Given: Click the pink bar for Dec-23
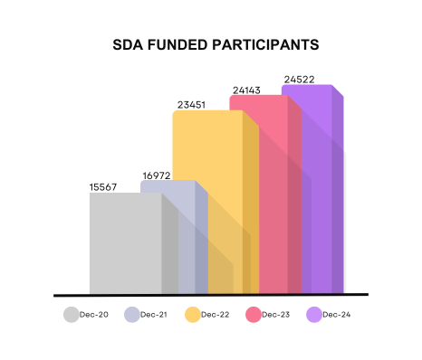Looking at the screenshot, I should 263,181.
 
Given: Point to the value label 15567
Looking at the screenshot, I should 104,186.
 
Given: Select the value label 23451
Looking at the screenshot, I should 189,104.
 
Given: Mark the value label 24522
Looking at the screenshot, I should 300,80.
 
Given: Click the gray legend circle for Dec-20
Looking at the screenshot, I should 71,315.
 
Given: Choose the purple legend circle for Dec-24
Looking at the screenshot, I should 314,315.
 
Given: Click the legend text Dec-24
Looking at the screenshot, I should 337,315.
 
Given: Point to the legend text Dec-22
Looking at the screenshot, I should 216,315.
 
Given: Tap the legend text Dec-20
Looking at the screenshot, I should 94,315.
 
